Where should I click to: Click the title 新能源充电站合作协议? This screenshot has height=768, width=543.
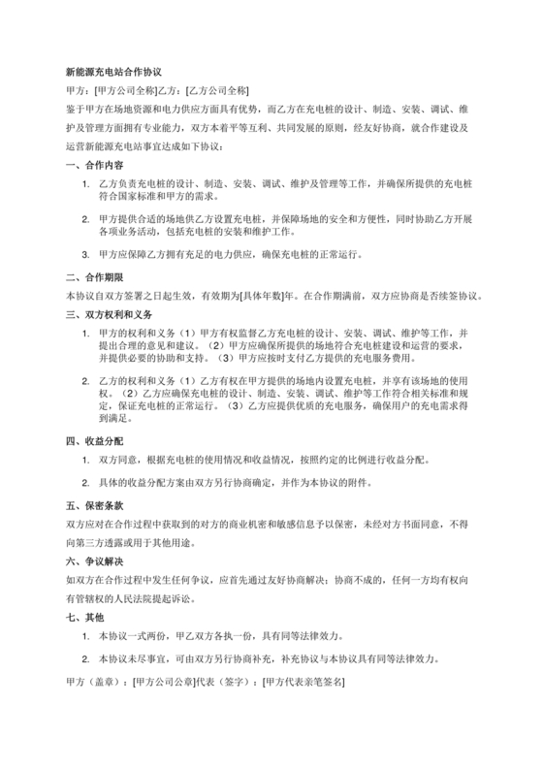(112, 72)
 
